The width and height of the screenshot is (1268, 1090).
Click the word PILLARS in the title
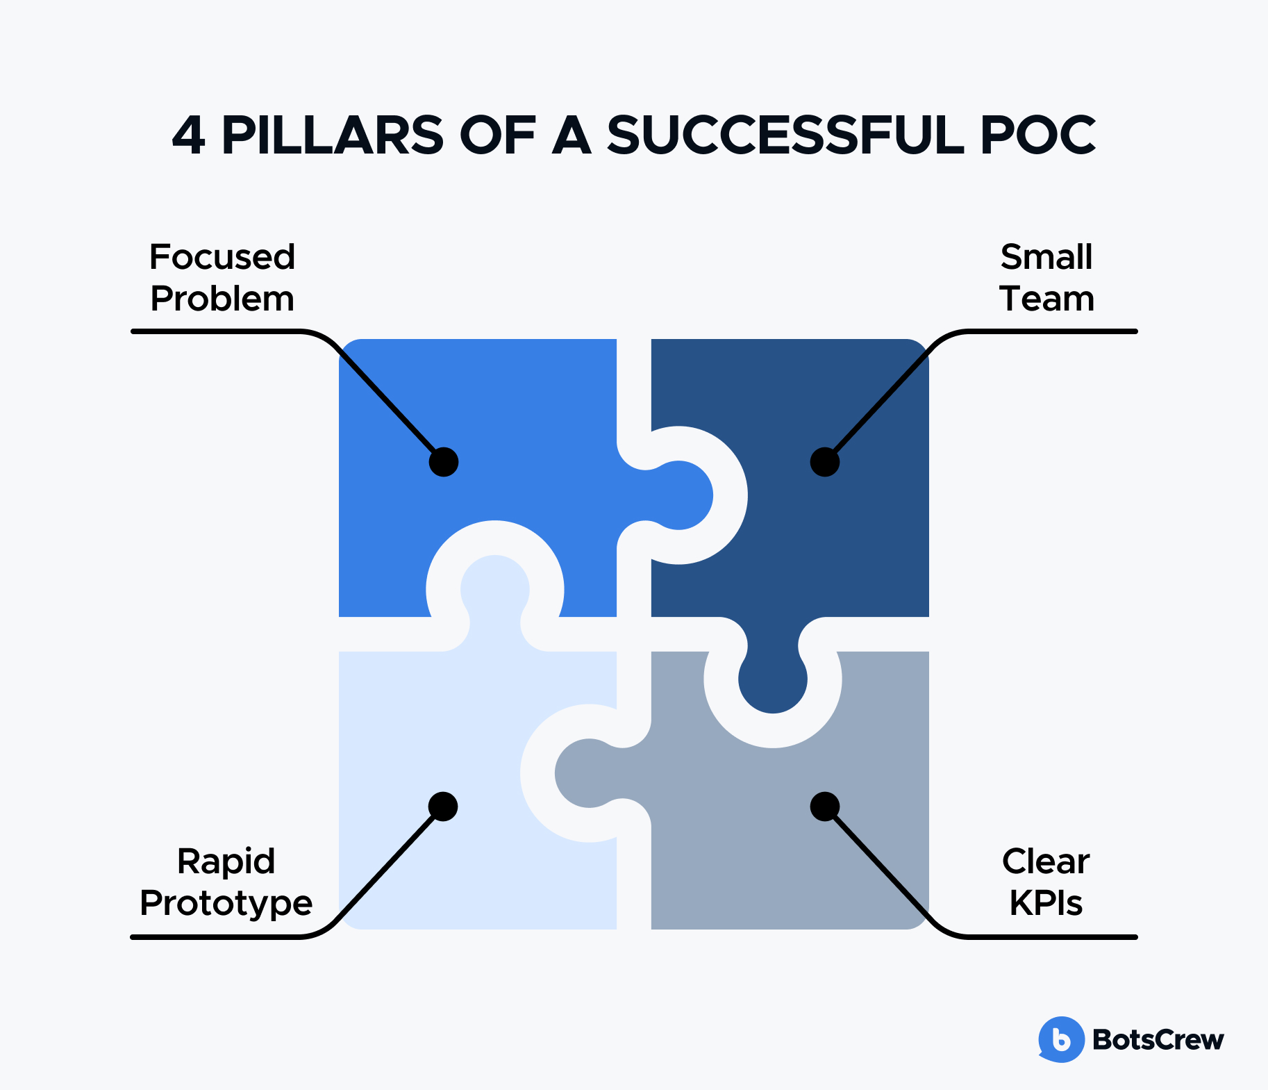tap(332, 135)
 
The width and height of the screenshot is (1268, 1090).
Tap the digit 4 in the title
tap(188, 135)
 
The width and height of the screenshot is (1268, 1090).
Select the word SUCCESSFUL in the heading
tap(785, 135)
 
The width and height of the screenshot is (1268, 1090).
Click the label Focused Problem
tap(222, 278)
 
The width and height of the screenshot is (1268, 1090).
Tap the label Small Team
tap(1046, 278)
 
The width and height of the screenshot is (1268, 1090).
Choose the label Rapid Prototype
tap(226, 882)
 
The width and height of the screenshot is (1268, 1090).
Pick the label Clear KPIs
tap(1046, 882)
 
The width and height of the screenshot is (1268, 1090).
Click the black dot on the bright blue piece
tap(444, 462)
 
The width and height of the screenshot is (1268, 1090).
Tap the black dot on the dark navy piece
tap(825, 462)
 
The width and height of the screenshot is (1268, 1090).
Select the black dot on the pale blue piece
tap(443, 807)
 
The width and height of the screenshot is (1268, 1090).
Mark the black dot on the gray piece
tap(825, 807)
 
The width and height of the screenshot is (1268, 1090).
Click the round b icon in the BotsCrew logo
tap(1061, 1039)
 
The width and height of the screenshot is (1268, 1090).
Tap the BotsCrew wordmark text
tap(1158, 1040)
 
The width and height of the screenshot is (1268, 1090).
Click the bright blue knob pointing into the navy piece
tap(681, 495)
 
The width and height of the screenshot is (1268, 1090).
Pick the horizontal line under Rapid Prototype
tap(215, 937)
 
